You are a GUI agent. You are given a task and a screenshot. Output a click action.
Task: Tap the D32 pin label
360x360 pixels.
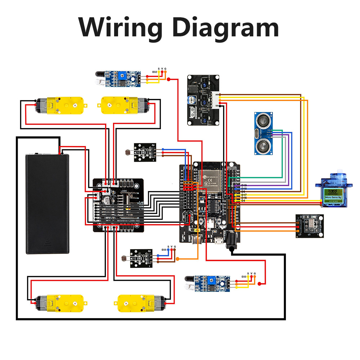[x=154, y=72]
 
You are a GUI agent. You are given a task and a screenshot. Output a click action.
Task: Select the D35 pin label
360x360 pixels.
[x=164, y=249]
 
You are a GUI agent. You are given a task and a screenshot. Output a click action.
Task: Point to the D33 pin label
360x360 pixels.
[x=244, y=277]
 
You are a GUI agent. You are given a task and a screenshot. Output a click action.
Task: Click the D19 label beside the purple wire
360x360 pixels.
[x=244, y=185]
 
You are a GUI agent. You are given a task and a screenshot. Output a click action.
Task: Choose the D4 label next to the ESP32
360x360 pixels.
[x=243, y=201]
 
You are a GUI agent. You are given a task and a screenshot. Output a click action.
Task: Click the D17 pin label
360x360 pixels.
[x=244, y=195]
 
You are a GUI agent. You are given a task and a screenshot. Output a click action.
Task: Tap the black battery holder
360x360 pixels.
[x=47, y=203]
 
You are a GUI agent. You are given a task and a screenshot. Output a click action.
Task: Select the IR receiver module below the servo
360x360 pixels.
[x=310, y=226]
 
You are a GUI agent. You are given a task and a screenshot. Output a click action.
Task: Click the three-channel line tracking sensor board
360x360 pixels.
[x=203, y=100]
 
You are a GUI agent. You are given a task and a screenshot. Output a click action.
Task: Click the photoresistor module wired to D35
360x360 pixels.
[x=142, y=258]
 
